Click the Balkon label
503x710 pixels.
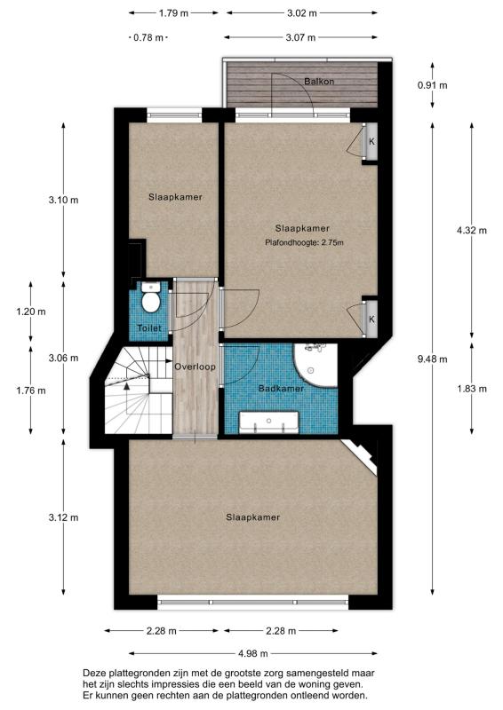[x=318, y=81]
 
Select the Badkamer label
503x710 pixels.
[x=281, y=389]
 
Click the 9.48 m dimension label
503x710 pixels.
[x=433, y=359]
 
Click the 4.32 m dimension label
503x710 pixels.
[x=471, y=230]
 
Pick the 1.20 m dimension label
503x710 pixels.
[x=31, y=312]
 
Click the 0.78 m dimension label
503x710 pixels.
[x=148, y=37]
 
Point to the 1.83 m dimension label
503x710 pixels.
[x=471, y=388]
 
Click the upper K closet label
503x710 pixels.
[x=371, y=142]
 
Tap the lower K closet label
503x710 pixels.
[x=371, y=318]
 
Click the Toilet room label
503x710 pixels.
[x=149, y=327]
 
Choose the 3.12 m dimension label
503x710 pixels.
[x=62, y=517]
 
